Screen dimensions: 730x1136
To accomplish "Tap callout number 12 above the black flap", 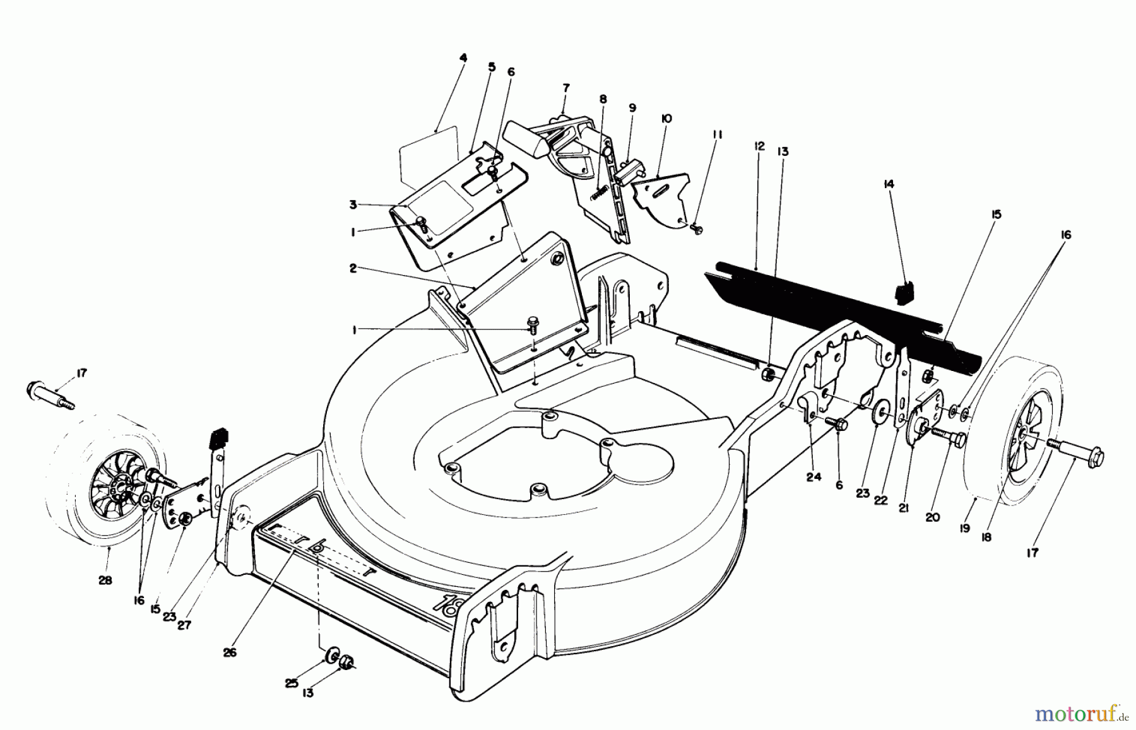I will [759, 146].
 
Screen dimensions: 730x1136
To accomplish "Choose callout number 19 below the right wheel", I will [964, 529].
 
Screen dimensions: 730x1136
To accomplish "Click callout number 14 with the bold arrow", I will [889, 184].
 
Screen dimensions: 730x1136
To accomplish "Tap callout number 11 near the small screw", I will [718, 134].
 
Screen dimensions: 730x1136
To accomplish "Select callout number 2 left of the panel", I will [353, 268].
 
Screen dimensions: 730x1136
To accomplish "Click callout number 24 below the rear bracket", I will [814, 478].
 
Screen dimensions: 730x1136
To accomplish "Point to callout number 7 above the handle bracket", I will [565, 87].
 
